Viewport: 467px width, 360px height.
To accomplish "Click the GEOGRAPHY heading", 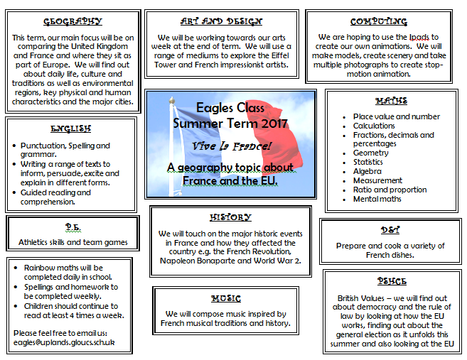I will click(72, 22).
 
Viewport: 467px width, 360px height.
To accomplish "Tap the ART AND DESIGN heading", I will click(221, 22).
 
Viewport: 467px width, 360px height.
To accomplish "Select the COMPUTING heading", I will click(378, 22).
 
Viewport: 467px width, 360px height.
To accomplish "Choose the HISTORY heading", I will click(230, 217).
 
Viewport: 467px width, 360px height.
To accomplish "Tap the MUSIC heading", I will click(225, 298).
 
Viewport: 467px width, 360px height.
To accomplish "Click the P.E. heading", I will click(72, 226).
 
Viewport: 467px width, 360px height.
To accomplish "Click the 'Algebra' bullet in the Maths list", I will click(367, 171).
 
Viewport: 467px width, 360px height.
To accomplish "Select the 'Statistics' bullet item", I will click(369, 162).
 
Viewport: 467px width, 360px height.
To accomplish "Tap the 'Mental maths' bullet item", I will click(377, 199).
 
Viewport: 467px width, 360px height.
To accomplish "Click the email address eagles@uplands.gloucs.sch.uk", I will click(64, 342).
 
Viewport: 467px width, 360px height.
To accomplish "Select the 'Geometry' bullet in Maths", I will click(371, 153).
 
